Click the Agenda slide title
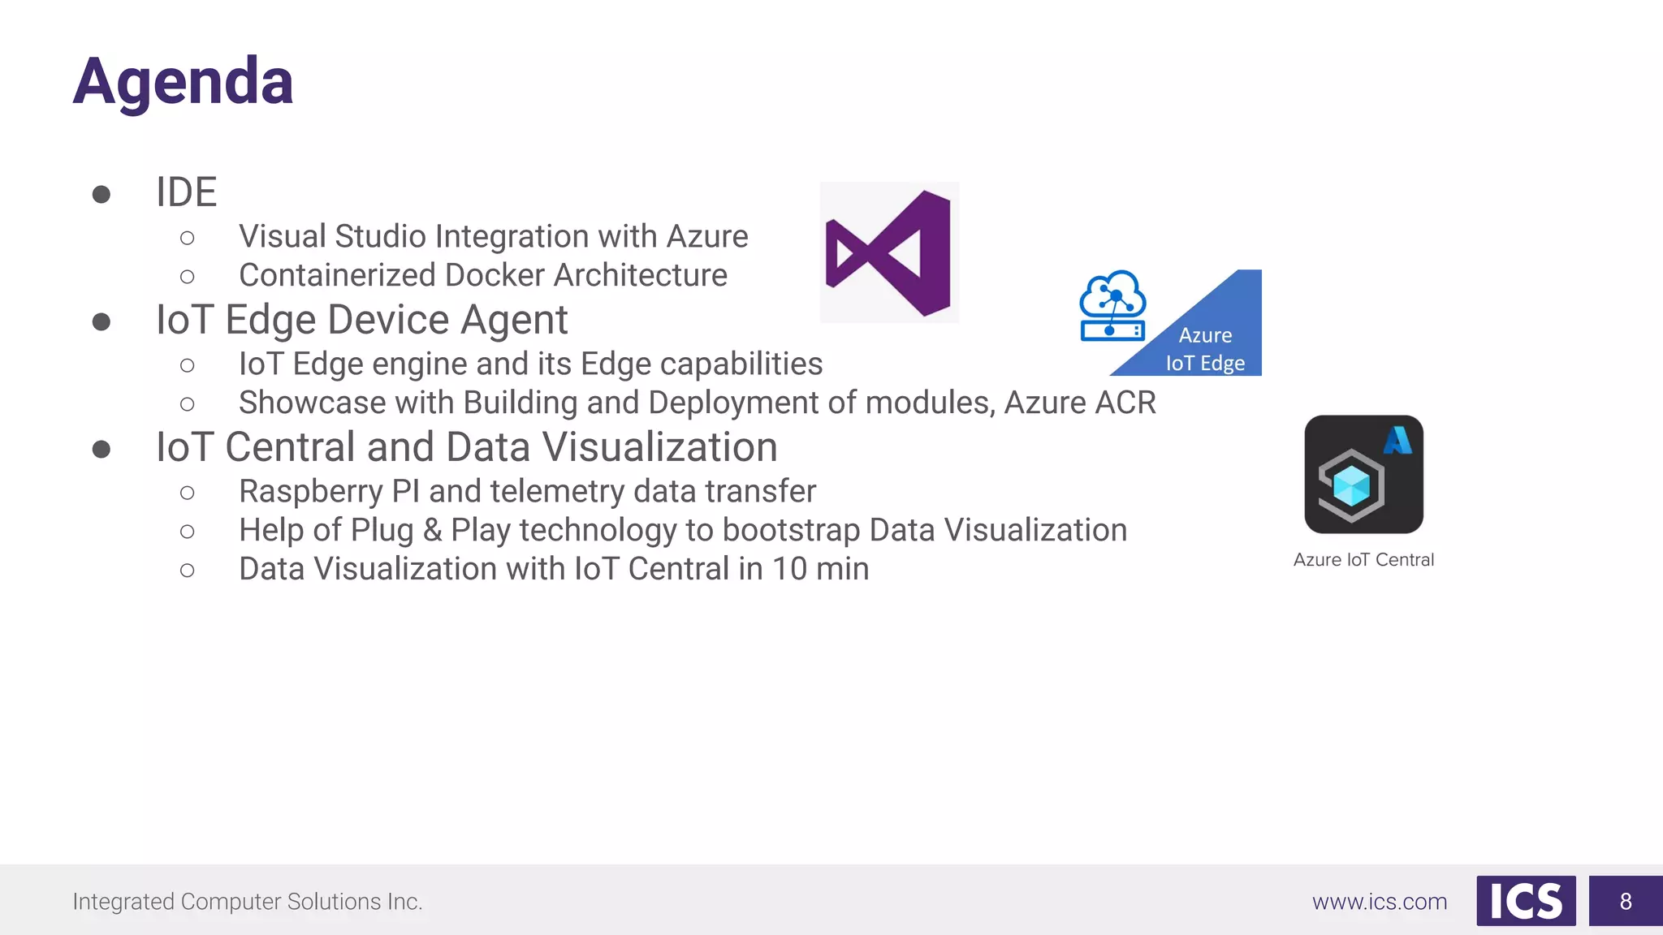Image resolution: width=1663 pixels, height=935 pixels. tap(183, 81)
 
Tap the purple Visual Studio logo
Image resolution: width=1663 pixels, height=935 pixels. tap(889, 252)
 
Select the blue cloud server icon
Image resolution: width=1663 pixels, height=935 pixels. tap(1112, 306)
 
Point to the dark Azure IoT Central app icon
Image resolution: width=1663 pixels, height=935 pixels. tap(1363, 475)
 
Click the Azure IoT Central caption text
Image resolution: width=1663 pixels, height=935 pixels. tap(1363, 560)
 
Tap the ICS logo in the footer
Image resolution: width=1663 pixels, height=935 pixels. tap(1526, 901)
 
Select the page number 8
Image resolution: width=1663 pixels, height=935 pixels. tap(1626, 901)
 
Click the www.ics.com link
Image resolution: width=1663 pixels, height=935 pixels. tap(1380, 902)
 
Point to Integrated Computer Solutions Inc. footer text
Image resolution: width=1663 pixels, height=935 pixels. tap(248, 902)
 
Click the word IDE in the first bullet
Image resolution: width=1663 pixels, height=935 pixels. tap(187, 192)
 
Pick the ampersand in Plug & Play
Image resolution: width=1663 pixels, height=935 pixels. tap(432, 531)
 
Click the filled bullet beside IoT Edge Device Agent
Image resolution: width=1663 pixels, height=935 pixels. tap(102, 322)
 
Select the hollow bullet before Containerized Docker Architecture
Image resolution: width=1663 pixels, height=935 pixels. tap(188, 277)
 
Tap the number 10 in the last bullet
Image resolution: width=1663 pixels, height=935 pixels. tap(789, 569)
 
